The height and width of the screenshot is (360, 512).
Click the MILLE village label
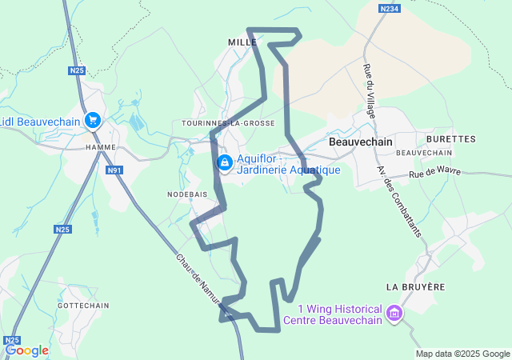(x=242, y=42)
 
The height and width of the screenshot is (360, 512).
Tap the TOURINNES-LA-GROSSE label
(x=229, y=123)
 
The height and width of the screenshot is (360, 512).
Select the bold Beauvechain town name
(x=359, y=142)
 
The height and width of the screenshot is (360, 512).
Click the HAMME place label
(x=101, y=147)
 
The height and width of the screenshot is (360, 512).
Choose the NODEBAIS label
(x=187, y=194)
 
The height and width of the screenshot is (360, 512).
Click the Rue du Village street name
(x=370, y=91)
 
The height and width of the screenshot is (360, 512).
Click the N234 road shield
(x=389, y=8)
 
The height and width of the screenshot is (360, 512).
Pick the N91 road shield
(x=114, y=170)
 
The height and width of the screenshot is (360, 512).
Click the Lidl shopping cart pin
(x=93, y=120)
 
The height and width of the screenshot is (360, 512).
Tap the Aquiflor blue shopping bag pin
(x=225, y=163)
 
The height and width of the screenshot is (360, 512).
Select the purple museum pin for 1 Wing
(x=394, y=312)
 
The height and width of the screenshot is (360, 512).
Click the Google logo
(x=26, y=350)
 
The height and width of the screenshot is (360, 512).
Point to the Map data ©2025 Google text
(x=462, y=354)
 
